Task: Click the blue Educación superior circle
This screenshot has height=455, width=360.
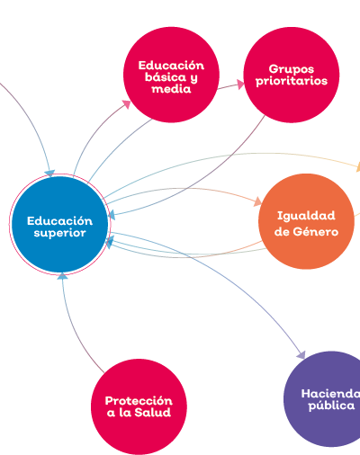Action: click(59, 224)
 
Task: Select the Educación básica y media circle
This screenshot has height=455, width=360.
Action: click(171, 75)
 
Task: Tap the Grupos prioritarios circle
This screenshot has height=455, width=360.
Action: click(292, 75)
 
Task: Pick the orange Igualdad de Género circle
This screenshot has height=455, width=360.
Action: click(306, 221)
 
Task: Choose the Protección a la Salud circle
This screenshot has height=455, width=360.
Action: click(139, 406)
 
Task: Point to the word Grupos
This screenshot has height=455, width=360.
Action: click(292, 69)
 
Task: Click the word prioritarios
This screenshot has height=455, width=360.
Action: click(292, 81)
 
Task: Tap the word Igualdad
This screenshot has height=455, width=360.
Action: click(306, 216)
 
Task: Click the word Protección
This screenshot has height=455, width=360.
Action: click(139, 401)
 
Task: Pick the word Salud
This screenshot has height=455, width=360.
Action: click(153, 413)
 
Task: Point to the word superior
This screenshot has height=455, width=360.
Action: click(59, 233)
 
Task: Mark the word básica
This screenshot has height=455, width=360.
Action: click(166, 77)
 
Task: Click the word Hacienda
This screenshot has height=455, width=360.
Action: click(330, 394)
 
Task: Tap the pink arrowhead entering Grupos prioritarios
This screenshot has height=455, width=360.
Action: click(241, 85)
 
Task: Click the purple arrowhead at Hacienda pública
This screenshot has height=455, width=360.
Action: click(301, 355)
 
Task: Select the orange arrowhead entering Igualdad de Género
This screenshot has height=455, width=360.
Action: click(257, 201)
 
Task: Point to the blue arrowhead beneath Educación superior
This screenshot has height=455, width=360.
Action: click(62, 276)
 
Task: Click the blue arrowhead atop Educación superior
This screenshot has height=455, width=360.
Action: click(50, 174)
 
